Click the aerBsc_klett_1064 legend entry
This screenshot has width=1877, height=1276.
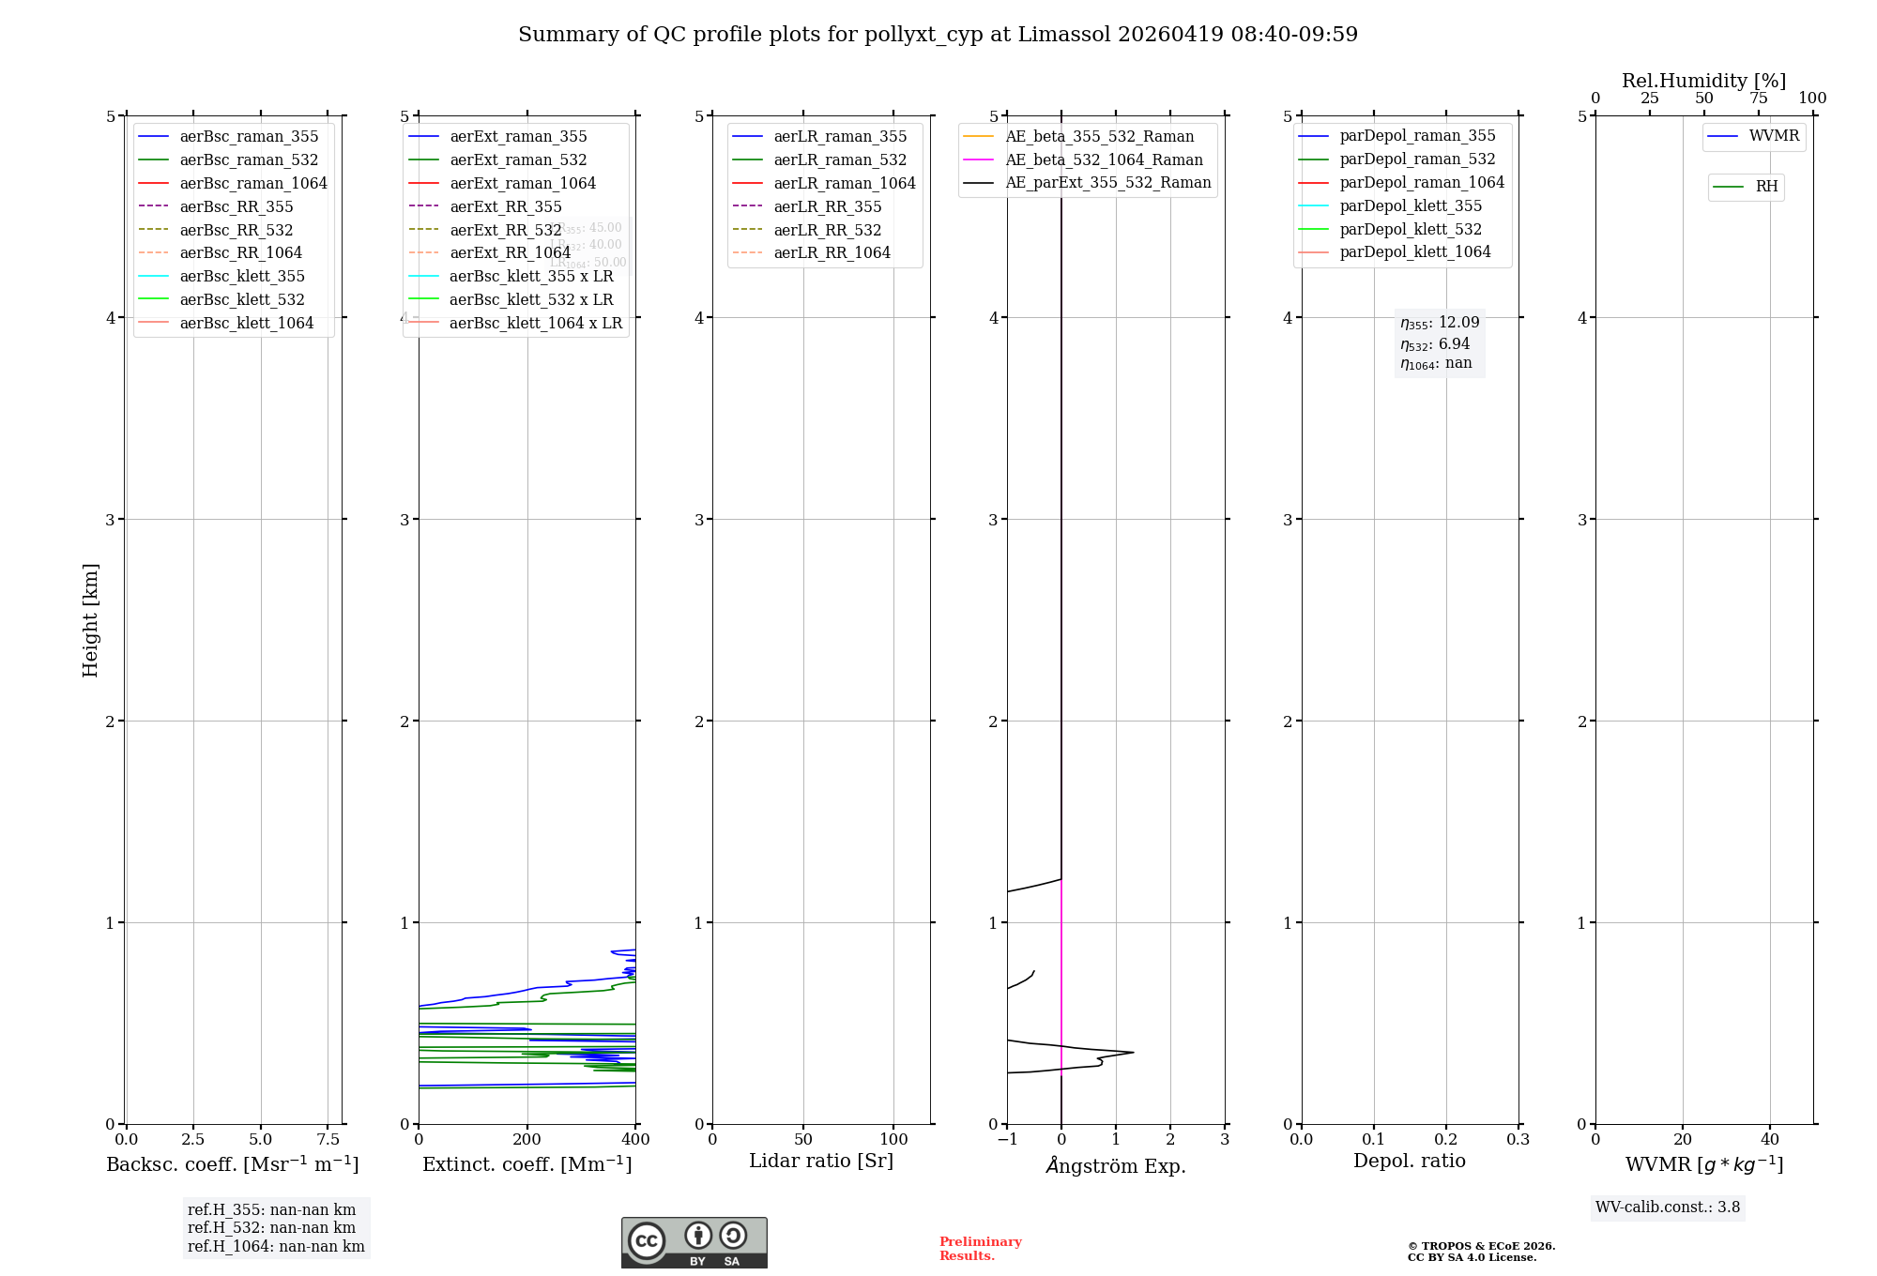[x=246, y=323]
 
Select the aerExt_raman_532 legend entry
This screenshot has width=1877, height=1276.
[x=518, y=159]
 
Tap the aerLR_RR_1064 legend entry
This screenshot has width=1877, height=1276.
[x=832, y=252]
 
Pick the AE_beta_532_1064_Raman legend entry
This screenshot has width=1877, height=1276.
[x=1104, y=159]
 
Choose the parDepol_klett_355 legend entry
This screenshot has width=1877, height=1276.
[x=1411, y=205]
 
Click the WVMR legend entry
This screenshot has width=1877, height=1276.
[x=1774, y=136]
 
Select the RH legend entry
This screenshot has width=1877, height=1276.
[x=1766, y=187]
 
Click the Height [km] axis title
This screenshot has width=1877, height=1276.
[x=90, y=619]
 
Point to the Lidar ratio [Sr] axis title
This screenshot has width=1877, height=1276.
[x=821, y=1161]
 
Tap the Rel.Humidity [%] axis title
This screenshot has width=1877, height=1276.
[x=1703, y=81]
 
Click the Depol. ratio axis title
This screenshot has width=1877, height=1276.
[x=1409, y=1161]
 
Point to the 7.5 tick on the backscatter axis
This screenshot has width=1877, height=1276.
[x=328, y=1139]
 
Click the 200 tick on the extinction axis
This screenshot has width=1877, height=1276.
[x=527, y=1139]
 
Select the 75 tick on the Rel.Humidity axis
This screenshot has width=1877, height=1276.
[x=1759, y=99]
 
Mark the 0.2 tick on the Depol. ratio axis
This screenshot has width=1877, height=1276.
[x=1446, y=1139]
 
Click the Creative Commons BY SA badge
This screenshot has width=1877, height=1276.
[x=694, y=1242]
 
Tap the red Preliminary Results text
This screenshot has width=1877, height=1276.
[x=980, y=1248]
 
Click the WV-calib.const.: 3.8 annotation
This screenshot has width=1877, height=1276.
[x=1667, y=1207]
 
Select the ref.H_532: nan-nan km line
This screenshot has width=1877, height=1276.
[x=271, y=1227]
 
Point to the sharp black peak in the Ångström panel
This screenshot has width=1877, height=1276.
[x=1131, y=1052]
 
